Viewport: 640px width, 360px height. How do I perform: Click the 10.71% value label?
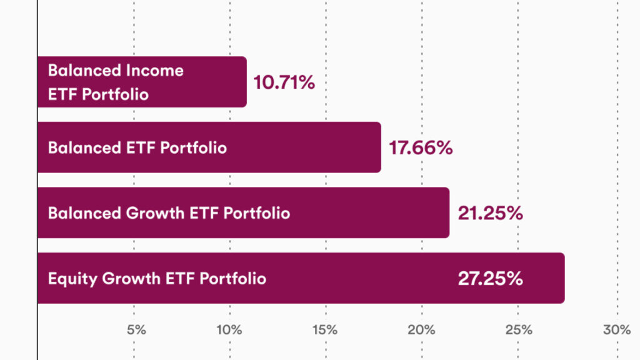(284, 82)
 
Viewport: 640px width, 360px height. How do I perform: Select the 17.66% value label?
(421, 148)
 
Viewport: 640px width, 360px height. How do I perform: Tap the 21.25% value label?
(490, 213)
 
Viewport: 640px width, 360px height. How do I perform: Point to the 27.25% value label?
(490, 279)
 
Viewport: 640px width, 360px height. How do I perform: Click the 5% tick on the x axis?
(136, 330)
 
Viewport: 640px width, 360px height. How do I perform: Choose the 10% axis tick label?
(229, 330)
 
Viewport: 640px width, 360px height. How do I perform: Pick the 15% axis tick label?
(326, 330)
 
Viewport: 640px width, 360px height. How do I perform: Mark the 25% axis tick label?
(519, 330)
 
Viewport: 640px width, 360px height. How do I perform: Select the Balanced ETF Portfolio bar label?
(137, 148)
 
